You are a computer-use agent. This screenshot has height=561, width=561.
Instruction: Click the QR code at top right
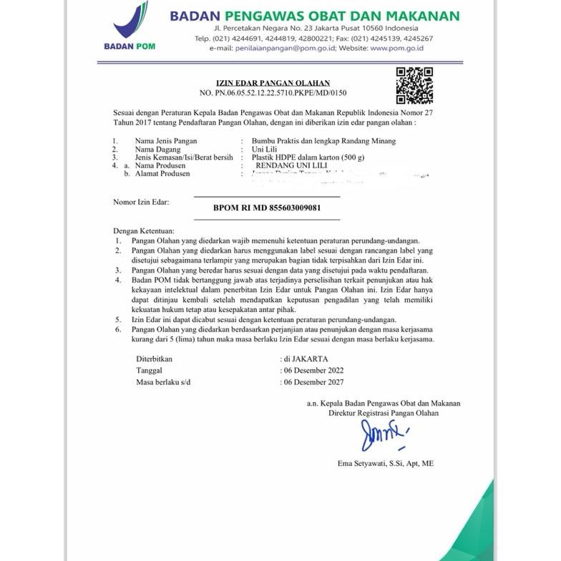pos(414,84)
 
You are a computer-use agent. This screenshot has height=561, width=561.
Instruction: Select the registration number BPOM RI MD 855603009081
pos(267,208)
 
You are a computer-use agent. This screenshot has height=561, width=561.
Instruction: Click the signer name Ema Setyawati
pos(385,464)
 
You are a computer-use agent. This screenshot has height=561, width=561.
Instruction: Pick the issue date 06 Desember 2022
pos(314,370)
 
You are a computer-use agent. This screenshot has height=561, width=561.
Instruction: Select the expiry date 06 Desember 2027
pos(314,382)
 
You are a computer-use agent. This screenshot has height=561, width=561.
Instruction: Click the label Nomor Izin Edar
pos(141,203)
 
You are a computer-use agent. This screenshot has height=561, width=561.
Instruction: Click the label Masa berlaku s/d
pos(166,382)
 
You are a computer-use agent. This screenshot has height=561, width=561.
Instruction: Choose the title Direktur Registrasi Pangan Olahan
pos(384,413)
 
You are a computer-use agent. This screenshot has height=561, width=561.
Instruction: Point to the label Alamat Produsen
pos(162,173)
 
